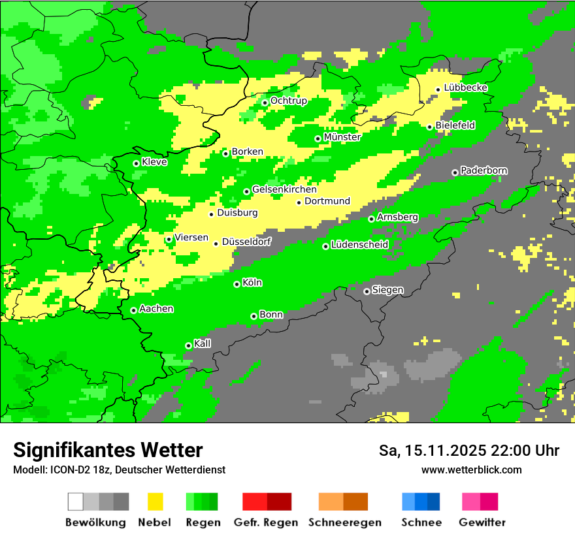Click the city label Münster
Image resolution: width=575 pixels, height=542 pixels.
(342, 137)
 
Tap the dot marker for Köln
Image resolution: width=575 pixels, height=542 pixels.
(237, 284)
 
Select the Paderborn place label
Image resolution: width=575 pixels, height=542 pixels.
(484, 170)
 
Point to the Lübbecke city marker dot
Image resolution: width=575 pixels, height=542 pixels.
(438, 89)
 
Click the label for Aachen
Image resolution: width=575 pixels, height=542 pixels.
(156, 309)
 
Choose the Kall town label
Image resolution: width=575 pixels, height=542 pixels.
(203, 343)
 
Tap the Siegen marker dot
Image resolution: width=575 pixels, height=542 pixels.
(367, 291)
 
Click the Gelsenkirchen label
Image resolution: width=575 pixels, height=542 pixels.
(284, 189)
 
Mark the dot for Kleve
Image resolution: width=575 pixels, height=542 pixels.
(136, 163)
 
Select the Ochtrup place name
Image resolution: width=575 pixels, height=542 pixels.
(289, 101)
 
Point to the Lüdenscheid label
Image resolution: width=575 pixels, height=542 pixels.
(359, 244)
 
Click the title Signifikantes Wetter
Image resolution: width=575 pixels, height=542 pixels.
(108, 450)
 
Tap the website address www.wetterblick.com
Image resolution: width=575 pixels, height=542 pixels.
(471, 470)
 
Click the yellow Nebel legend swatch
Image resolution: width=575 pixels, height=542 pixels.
(155, 502)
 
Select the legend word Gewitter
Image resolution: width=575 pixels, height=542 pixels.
(482, 522)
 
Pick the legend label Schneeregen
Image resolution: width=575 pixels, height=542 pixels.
(345, 522)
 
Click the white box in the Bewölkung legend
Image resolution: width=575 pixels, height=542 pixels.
(76, 502)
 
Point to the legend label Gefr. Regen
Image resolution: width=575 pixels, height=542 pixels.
(266, 522)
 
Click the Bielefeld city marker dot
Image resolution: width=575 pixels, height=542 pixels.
(429, 127)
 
